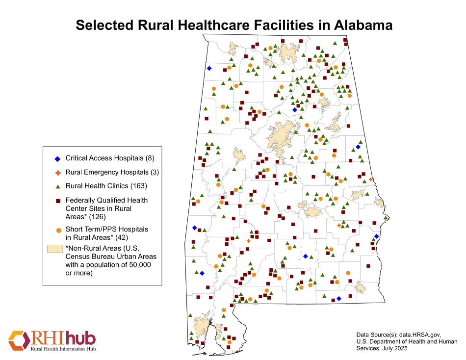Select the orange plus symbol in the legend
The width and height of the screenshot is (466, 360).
(x=58, y=173)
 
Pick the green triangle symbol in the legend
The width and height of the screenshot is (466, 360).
(x=58, y=187)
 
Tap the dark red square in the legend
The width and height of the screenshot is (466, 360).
(x=58, y=201)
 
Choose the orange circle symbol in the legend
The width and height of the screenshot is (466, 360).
(x=58, y=230)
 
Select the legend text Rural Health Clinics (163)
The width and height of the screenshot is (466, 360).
(x=106, y=186)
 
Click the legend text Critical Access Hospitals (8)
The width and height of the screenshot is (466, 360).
(x=110, y=158)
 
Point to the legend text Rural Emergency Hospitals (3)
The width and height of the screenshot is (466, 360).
(x=112, y=172)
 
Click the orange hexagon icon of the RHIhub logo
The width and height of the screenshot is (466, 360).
(x=18, y=339)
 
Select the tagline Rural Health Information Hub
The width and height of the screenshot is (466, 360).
(x=63, y=349)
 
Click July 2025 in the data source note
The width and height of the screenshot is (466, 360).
(x=390, y=348)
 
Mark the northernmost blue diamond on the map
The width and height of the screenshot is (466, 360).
(x=209, y=69)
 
